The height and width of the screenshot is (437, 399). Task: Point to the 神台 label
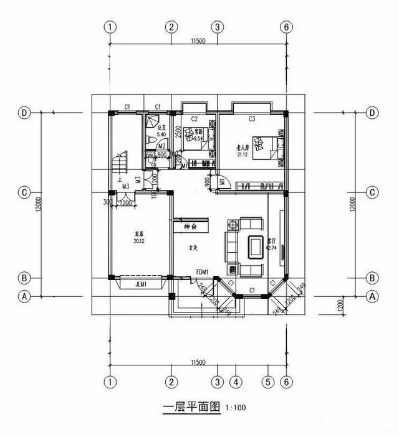[191, 226]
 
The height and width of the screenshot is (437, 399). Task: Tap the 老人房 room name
[243, 147]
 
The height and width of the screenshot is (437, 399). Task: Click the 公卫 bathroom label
[161, 127]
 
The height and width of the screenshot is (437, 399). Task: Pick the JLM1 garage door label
[142, 284]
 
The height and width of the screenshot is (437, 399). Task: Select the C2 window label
[194, 118]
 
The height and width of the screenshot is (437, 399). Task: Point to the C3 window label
[252, 118]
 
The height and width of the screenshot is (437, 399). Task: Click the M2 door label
[161, 146]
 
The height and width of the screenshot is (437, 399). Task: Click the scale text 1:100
[236, 409]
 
